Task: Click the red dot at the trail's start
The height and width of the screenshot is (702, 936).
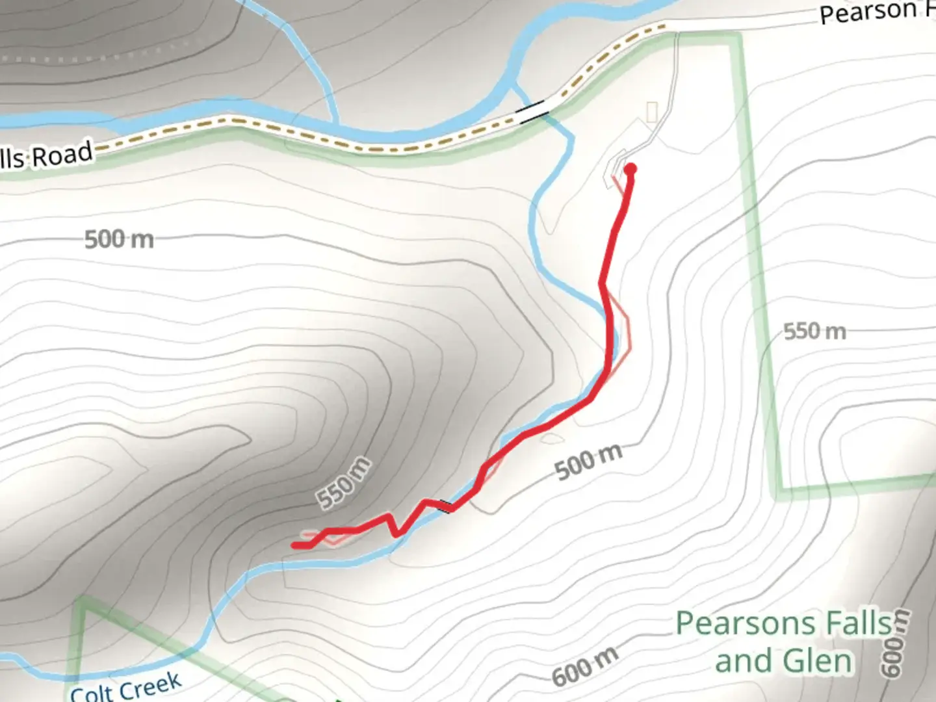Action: [x=630, y=170]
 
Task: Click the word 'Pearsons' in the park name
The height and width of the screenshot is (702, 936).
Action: [x=741, y=624]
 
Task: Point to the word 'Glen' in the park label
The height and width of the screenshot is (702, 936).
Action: [x=817, y=662]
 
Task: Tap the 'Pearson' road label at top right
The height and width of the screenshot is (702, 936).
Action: [x=867, y=12]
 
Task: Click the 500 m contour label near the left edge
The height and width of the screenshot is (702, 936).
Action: [x=119, y=240]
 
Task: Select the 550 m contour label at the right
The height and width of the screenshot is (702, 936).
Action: [x=814, y=331]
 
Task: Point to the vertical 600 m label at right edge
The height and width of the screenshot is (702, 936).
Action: [x=896, y=643]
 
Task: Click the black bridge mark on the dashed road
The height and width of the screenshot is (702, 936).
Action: [x=532, y=111]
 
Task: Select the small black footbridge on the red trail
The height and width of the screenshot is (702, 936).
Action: [x=446, y=505]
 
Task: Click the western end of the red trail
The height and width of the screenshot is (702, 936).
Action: [x=295, y=545]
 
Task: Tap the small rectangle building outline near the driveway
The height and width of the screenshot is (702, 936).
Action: [x=652, y=112]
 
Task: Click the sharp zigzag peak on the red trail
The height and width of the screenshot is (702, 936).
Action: [x=390, y=516]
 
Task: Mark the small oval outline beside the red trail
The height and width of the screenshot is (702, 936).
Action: [x=551, y=438]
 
